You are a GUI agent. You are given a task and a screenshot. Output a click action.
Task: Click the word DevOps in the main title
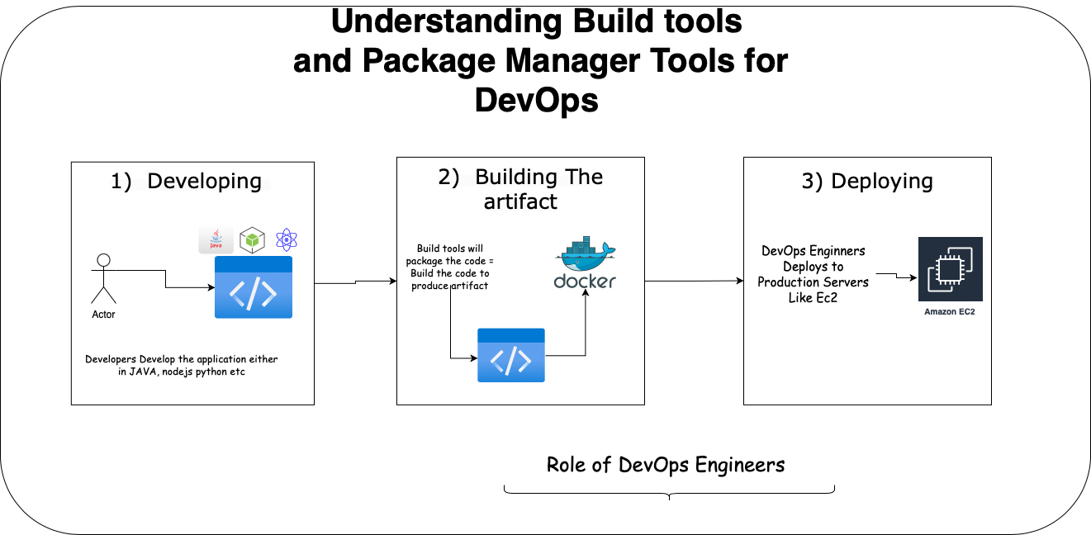click(536, 100)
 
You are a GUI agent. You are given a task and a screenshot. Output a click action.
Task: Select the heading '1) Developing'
click(186, 181)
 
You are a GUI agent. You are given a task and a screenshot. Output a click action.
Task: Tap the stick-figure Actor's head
click(103, 260)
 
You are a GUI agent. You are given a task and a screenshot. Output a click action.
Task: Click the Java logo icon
click(216, 239)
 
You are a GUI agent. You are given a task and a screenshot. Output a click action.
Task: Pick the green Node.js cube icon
click(252, 240)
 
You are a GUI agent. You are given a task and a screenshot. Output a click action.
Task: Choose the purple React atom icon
click(287, 239)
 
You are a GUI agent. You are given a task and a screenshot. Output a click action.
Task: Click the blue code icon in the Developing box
click(254, 287)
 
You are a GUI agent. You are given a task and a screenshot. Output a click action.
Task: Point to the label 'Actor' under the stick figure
click(103, 315)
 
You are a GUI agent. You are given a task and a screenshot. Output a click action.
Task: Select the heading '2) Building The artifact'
click(520, 189)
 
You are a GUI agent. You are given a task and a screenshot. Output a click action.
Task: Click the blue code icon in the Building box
click(511, 355)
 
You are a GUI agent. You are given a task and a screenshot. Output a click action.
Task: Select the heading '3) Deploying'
click(867, 181)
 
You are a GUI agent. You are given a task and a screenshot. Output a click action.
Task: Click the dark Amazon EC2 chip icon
click(951, 269)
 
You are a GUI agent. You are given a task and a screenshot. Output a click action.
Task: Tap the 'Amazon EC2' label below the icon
click(950, 311)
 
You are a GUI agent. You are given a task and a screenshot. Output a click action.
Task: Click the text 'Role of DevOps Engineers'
click(666, 465)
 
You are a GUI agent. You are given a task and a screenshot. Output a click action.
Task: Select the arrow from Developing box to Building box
click(356, 282)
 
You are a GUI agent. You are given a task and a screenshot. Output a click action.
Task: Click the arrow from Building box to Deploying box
click(694, 281)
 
